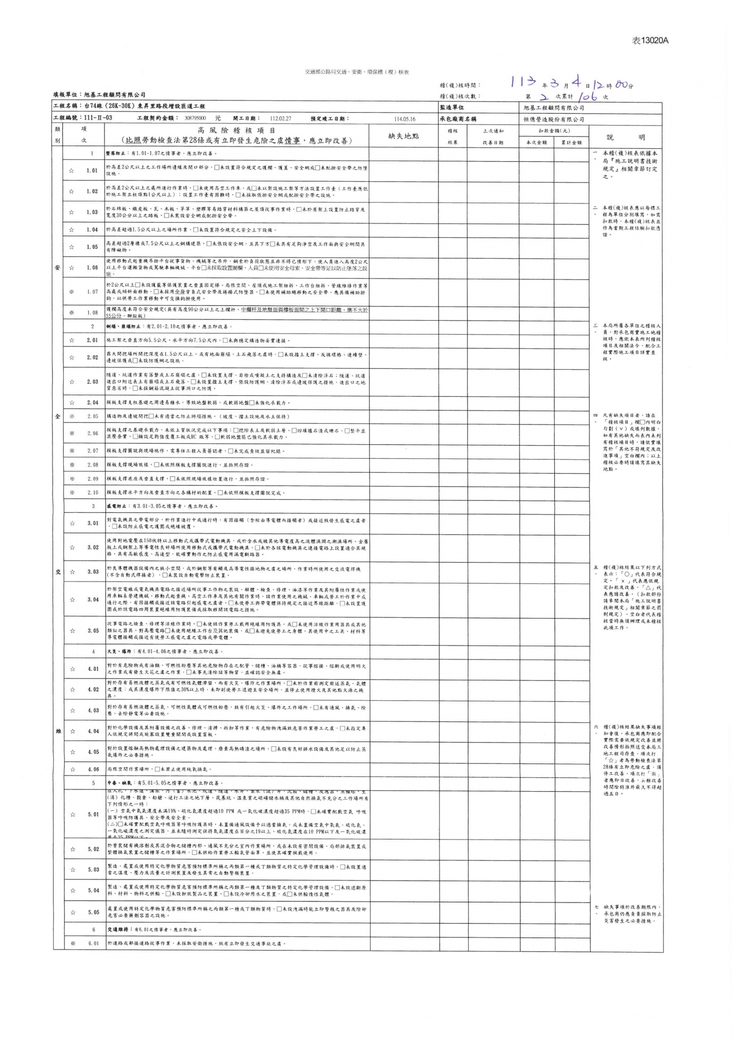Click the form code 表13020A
click(x=650, y=41)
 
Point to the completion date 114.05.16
click(x=405, y=119)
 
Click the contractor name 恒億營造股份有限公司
click(x=553, y=119)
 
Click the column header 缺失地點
click(x=404, y=136)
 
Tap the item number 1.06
click(x=92, y=267)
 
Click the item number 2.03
click(x=92, y=382)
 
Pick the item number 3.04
click(x=92, y=599)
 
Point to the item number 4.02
click(x=92, y=690)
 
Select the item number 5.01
click(x=92, y=814)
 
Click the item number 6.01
click(x=92, y=943)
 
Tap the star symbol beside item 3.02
click(x=72, y=547)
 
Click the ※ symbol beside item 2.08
click(x=72, y=465)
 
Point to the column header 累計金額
click(x=572, y=143)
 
